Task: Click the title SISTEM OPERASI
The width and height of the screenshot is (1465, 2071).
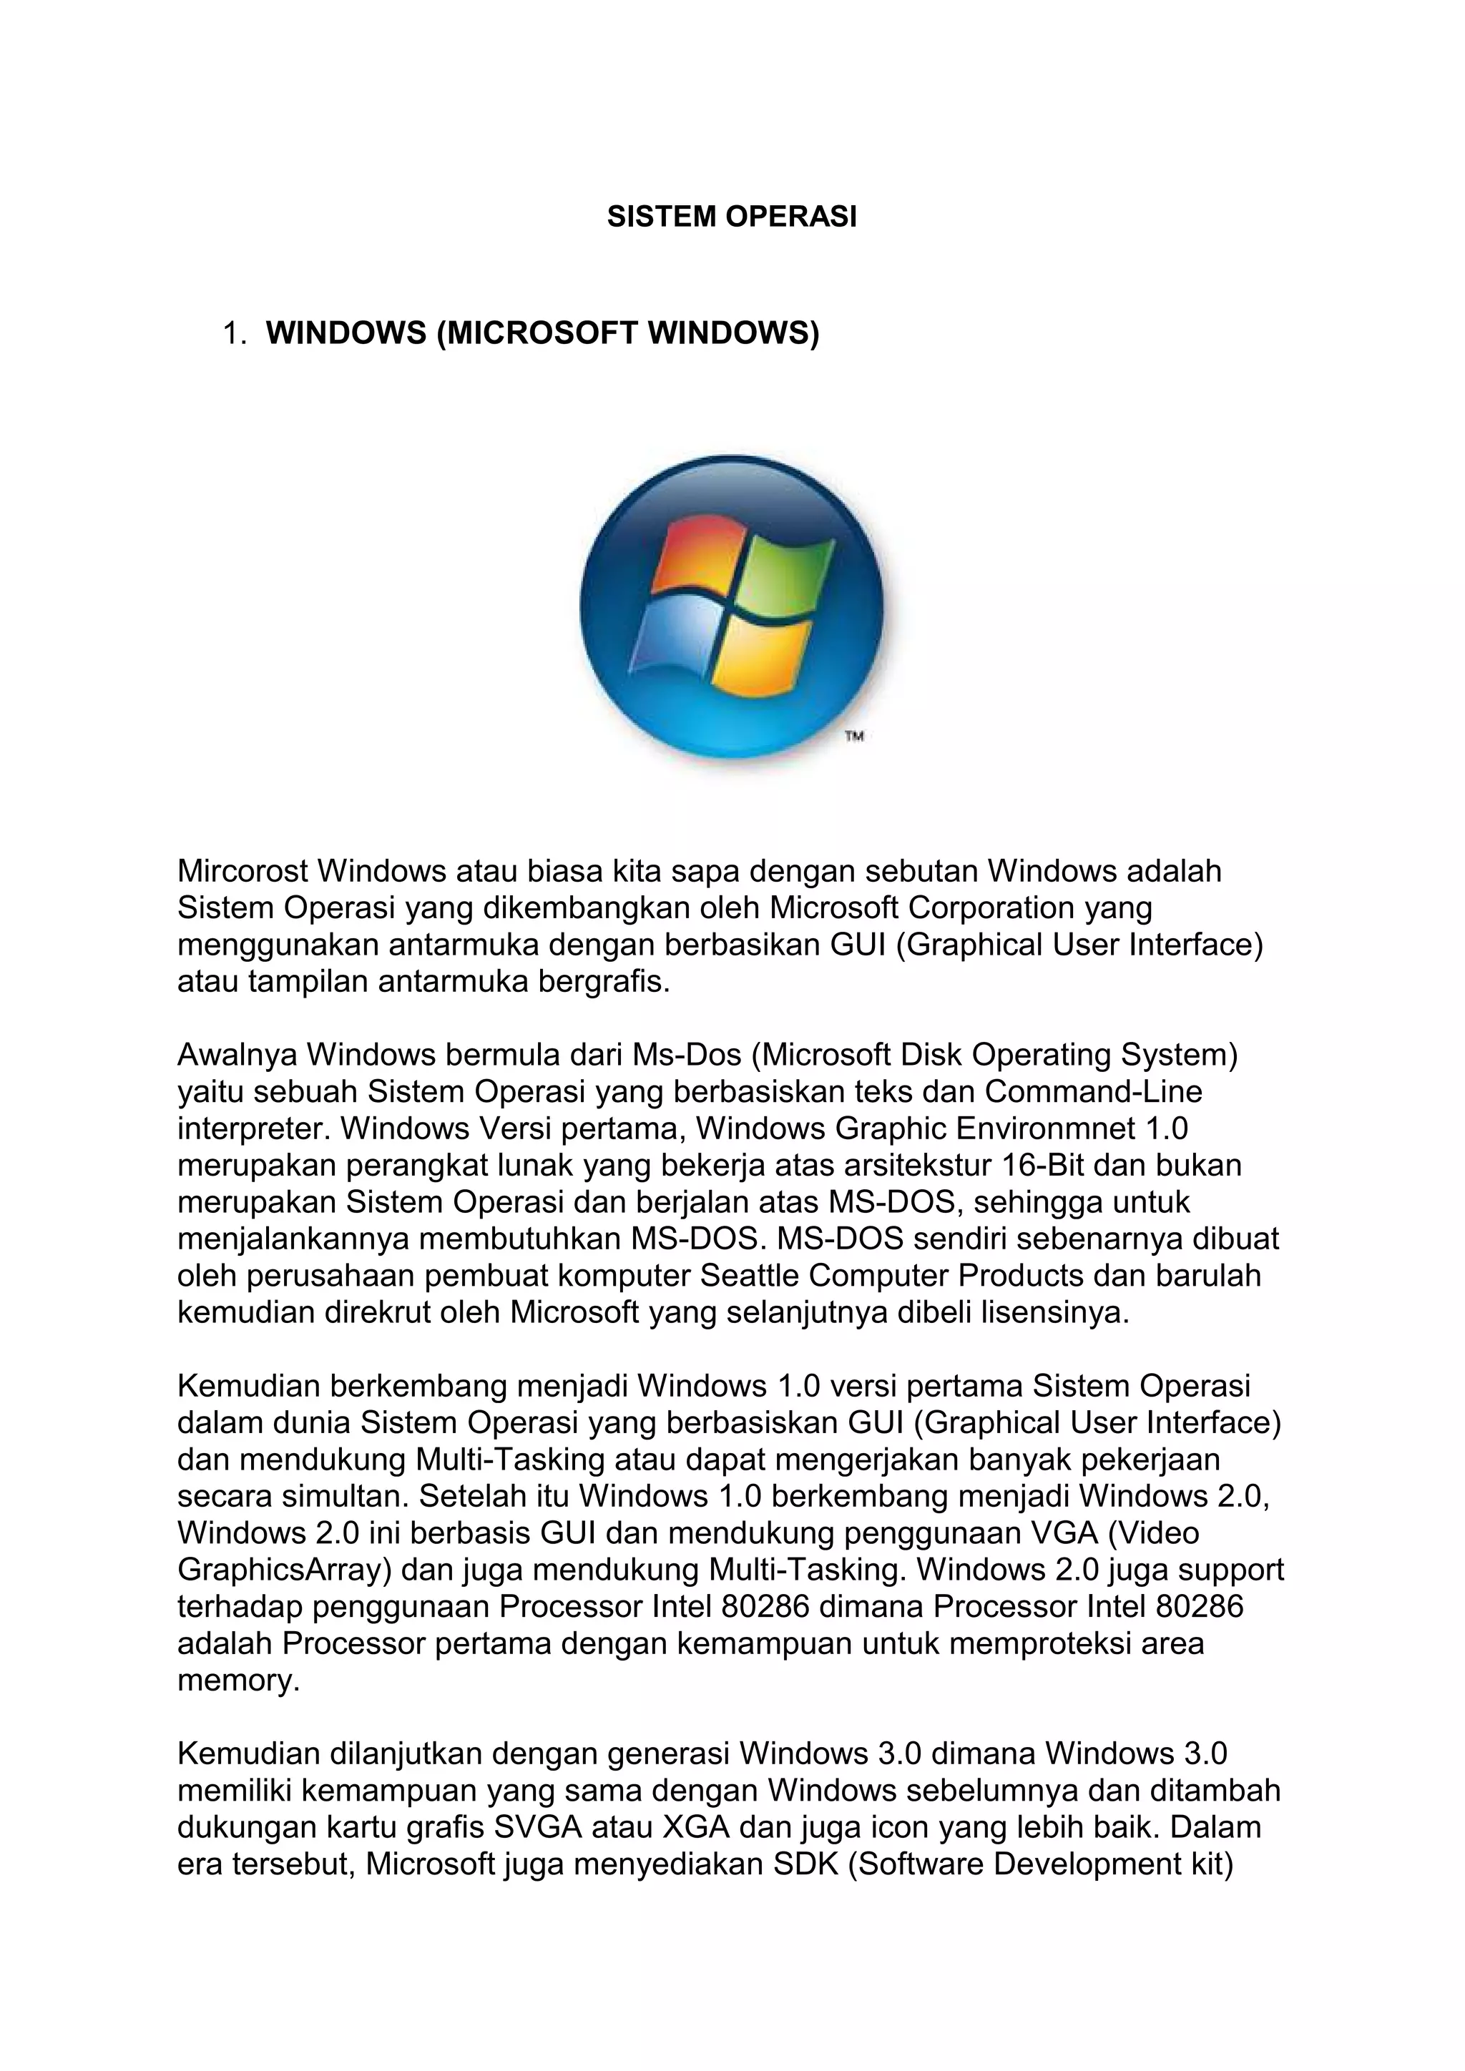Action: click(x=732, y=217)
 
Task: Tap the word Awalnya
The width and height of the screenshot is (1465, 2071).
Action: click(x=238, y=1054)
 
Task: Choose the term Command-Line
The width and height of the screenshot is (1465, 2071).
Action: click(x=1093, y=1092)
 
